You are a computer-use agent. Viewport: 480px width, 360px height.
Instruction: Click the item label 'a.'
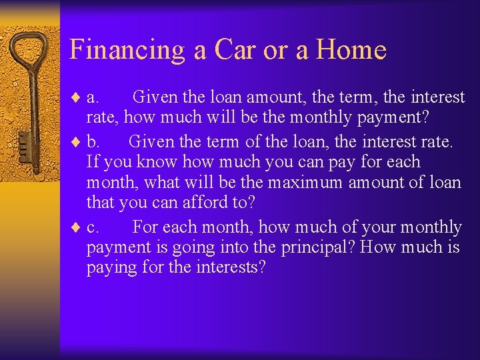coord(93,98)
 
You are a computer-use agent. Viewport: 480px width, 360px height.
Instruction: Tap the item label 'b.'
coord(94,141)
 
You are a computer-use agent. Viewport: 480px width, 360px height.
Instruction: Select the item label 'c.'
coord(93,228)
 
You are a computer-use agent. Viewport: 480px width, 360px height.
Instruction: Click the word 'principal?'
coord(317,247)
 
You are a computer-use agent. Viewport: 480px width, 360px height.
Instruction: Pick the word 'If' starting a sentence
coord(93,162)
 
